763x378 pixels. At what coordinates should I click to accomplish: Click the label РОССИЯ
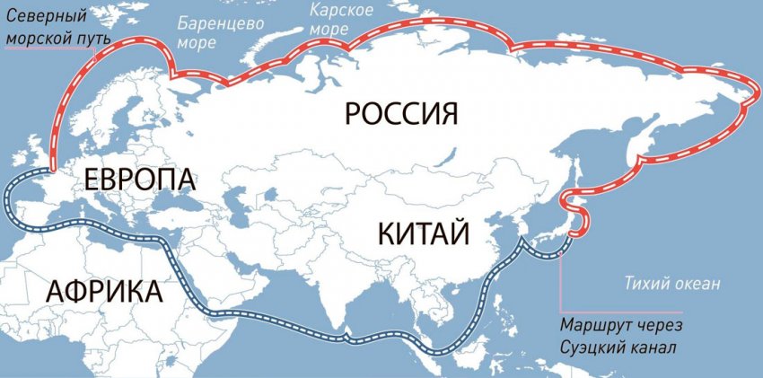401,114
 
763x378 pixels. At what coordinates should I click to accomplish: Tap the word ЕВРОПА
139,178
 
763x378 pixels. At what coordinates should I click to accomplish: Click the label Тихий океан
672,285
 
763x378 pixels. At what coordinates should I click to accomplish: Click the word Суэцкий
592,347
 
